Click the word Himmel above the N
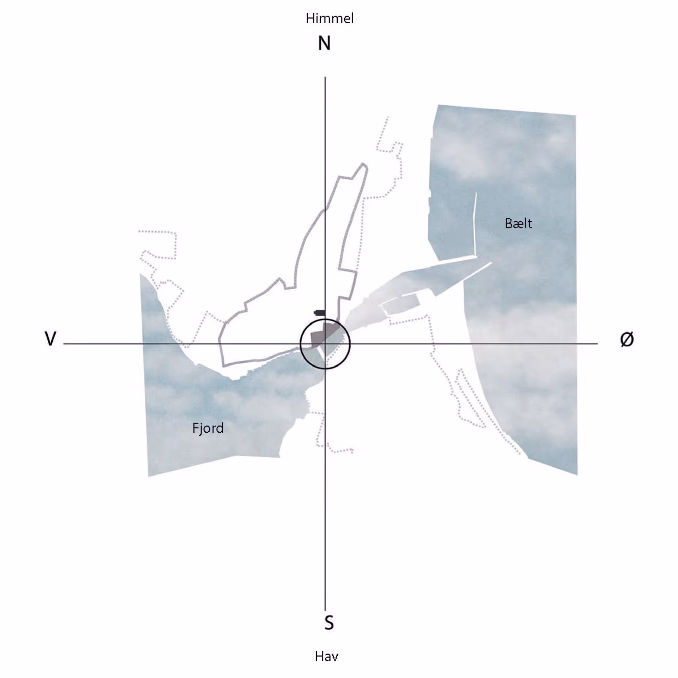329,18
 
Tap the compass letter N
324,43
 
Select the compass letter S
329,623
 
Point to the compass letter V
51,339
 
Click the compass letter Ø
627,339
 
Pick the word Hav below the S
326,656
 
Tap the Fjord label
208,428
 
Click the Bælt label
518,223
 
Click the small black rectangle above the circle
320,312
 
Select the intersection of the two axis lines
325,344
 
